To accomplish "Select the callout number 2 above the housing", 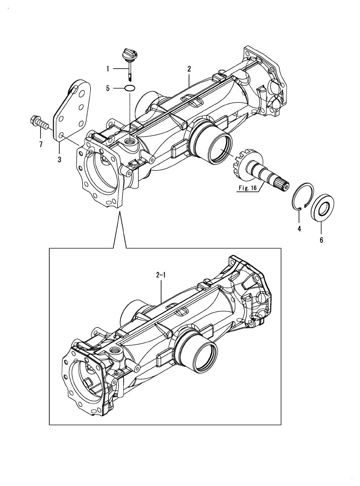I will pos(188,69).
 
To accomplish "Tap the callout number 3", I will pos(59,159).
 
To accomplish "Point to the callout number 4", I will pos(299,229).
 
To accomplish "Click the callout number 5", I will pos(108,89).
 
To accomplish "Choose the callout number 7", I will pos(41,144).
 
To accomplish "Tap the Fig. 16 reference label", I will pos(246,188).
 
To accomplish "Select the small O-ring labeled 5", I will pos(130,88).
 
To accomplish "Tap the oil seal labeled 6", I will pos(321,208).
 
